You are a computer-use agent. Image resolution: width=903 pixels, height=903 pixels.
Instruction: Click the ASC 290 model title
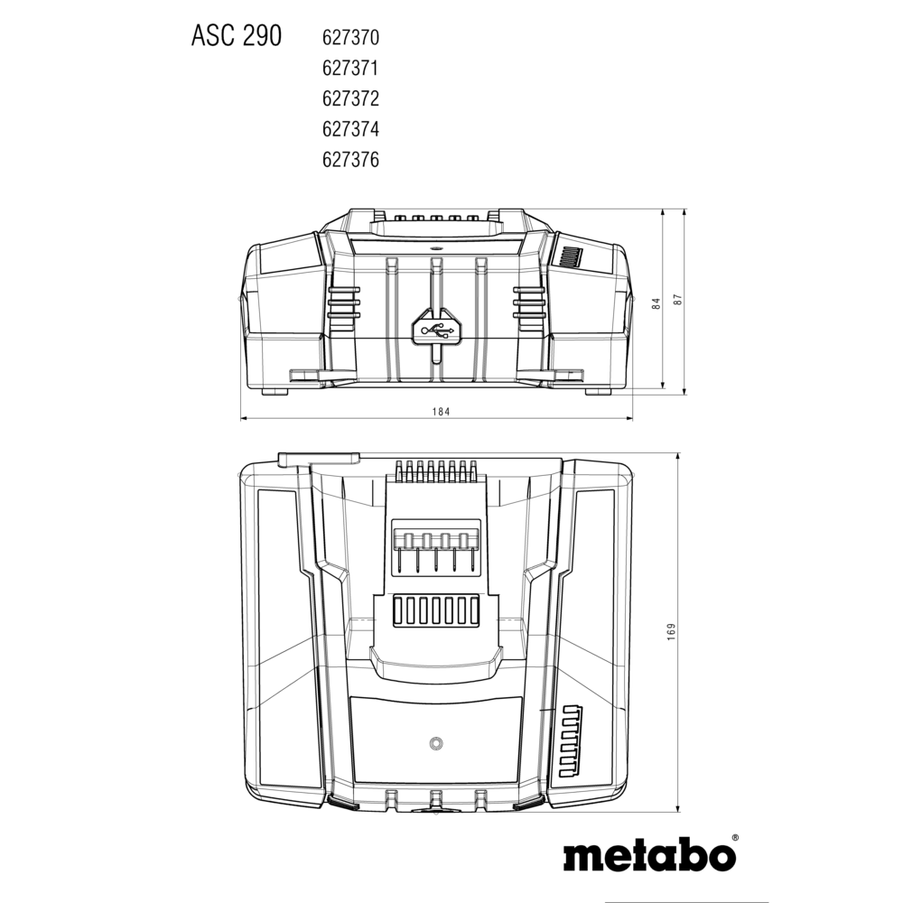click(x=236, y=36)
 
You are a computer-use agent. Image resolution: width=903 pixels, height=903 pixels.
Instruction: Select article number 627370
click(x=350, y=38)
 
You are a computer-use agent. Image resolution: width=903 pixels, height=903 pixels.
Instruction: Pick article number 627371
click(x=350, y=69)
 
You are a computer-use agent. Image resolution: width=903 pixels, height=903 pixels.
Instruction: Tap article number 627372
click(x=350, y=98)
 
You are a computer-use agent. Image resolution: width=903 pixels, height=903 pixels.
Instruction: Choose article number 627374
click(x=350, y=129)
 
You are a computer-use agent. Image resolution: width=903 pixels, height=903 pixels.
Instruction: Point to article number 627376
click(x=350, y=160)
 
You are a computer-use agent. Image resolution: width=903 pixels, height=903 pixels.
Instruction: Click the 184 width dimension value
click(x=441, y=412)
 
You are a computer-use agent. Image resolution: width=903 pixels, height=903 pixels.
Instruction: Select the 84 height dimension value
click(x=656, y=303)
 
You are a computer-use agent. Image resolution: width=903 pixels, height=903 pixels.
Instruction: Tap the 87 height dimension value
click(x=678, y=300)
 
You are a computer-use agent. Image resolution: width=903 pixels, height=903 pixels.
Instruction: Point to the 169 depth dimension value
click(x=671, y=632)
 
